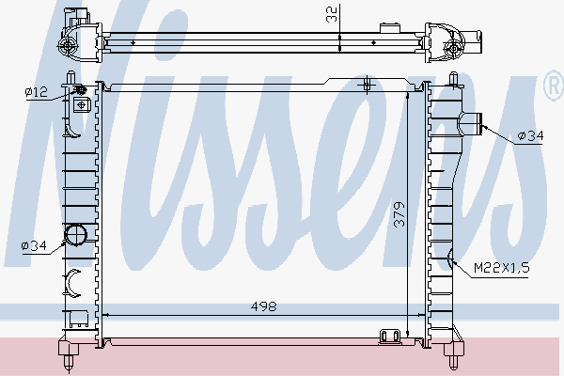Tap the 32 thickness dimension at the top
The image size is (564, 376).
(330, 14)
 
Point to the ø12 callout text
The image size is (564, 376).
(36, 90)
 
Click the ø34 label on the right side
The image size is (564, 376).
(529, 136)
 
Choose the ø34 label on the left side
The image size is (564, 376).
(34, 246)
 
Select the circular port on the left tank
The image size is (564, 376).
(75, 236)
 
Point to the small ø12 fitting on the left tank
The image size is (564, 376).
(80, 90)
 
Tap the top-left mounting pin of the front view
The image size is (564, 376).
(70, 74)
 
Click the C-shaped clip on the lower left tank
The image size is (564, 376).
(74, 280)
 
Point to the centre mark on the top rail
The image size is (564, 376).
(368, 86)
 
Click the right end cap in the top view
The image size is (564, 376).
(451, 43)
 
